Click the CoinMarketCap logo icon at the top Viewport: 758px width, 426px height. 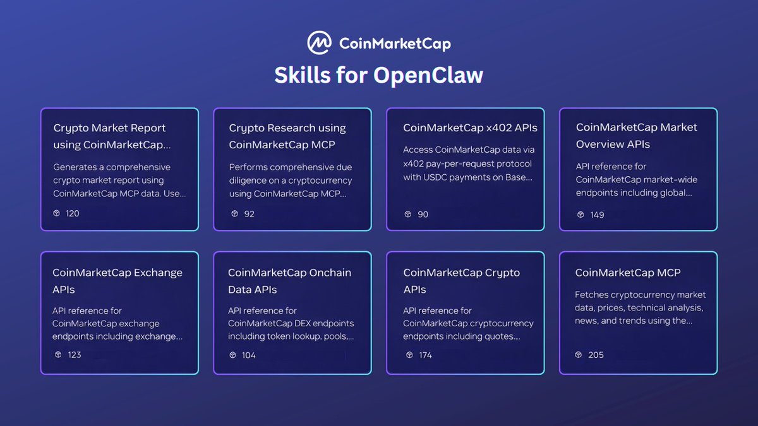click(x=320, y=43)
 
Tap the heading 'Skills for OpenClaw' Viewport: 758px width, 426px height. click(x=378, y=75)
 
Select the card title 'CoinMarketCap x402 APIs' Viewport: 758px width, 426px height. click(x=470, y=127)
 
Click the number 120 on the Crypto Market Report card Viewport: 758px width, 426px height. click(x=73, y=213)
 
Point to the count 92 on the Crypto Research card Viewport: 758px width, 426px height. click(x=249, y=214)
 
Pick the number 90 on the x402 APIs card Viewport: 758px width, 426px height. click(x=423, y=214)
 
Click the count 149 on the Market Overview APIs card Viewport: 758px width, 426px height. click(x=596, y=215)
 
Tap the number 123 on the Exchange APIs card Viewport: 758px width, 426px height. click(x=75, y=355)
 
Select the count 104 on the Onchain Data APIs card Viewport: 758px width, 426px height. click(x=249, y=355)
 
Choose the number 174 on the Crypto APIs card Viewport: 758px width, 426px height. click(x=425, y=355)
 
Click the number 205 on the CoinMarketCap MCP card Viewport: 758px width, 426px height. click(x=596, y=355)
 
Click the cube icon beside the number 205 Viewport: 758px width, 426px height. click(x=579, y=355)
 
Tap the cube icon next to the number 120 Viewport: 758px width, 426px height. click(x=57, y=213)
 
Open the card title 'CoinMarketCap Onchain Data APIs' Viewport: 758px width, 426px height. click(x=289, y=281)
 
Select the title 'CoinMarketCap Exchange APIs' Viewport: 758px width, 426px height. click(x=117, y=281)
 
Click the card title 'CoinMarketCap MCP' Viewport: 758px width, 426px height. click(x=628, y=273)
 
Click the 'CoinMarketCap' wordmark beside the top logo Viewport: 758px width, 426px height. click(x=395, y=44)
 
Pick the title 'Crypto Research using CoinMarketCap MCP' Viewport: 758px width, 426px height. click(x=287, y=136)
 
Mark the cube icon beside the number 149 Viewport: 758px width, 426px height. click(x=581, y=215)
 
